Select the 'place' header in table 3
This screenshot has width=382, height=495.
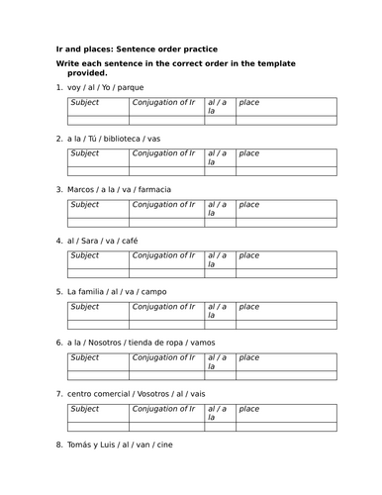[x=249, y=205]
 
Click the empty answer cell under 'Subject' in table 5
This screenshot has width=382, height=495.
[x=96, y=324]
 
